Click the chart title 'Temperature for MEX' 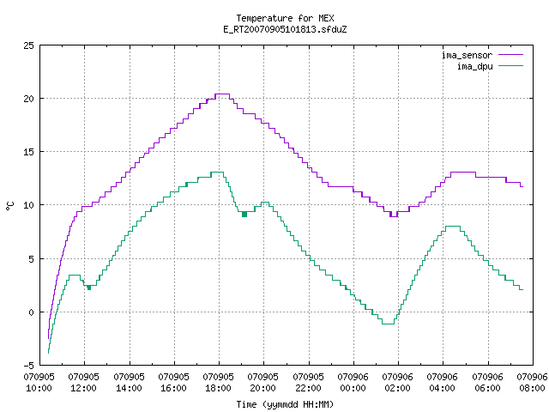pos(285,18)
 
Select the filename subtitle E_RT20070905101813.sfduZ pos(285,29)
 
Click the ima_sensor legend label pos(467,55)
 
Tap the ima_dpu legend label pos(474,66)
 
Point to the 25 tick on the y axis pos(28,45)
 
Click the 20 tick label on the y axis pos(28,99)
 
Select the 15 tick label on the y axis pos(28,152)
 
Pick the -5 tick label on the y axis pos(28,366)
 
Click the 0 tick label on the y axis pos(31,312)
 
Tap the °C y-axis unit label pos(10,205)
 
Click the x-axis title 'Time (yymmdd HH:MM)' pos(285,404)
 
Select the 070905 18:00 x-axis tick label pos(218,383)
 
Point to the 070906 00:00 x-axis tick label pos(353,383)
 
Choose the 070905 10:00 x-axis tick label pos(39,383)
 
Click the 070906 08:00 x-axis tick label pos(532,383)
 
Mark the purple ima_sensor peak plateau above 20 pos(222,94)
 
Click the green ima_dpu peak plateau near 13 pos(217,172)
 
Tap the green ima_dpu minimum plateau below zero pos(388,324)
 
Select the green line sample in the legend pos(510,66)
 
